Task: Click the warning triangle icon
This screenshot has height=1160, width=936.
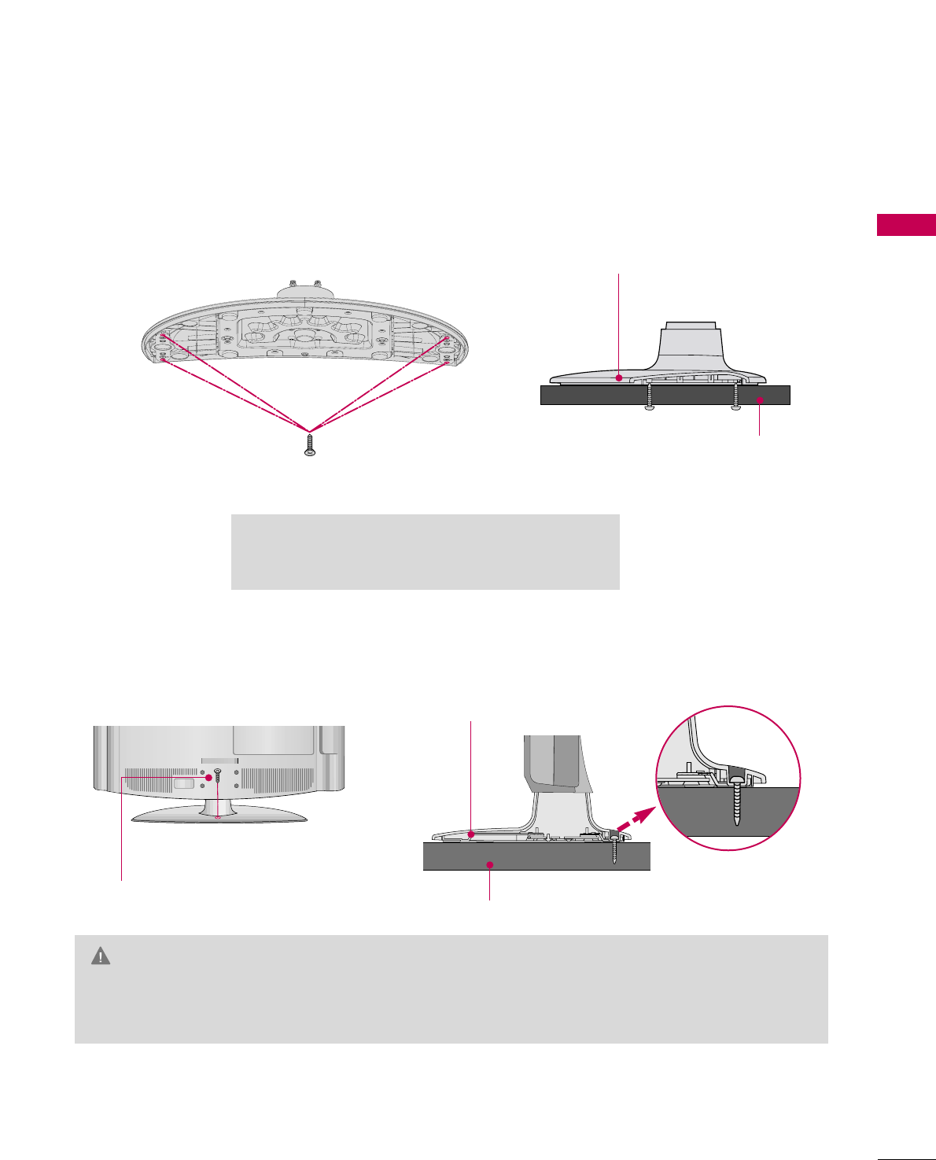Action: coord(101,956)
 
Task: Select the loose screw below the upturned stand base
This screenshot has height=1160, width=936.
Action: coord(310,445)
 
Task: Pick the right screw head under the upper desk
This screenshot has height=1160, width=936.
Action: coord(735,407)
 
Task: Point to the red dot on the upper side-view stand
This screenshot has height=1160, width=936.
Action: coord(620,378)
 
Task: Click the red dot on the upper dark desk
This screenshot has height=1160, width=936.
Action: coord(759,401)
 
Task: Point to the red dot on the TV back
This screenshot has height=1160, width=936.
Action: coord(209,778)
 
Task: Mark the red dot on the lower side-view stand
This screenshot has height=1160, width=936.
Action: coord(471,834)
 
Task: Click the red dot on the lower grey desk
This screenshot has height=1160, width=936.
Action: coord(490,865)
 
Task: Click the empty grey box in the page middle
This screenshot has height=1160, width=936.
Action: coord(425,551)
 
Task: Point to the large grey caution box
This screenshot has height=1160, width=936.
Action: coord(451,989)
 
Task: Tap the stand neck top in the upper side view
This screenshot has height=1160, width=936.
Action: coord(690,324)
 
